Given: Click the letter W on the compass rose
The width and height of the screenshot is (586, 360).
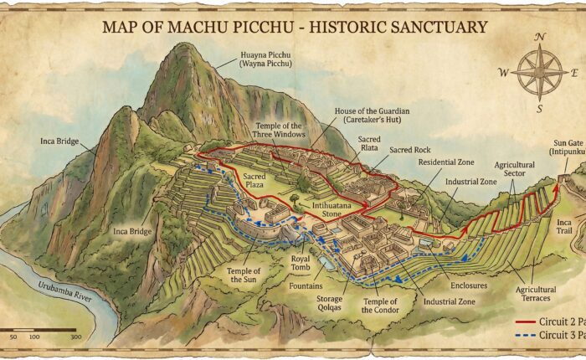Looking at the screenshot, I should coord(503,72).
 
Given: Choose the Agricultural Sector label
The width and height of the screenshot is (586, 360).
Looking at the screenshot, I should coord(513,170).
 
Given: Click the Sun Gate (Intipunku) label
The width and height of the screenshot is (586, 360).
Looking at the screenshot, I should coord(567,147).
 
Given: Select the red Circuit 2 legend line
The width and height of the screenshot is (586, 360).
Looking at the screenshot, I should coord(527,321).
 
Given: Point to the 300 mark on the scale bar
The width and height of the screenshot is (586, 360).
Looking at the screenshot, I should coord(76,337).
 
